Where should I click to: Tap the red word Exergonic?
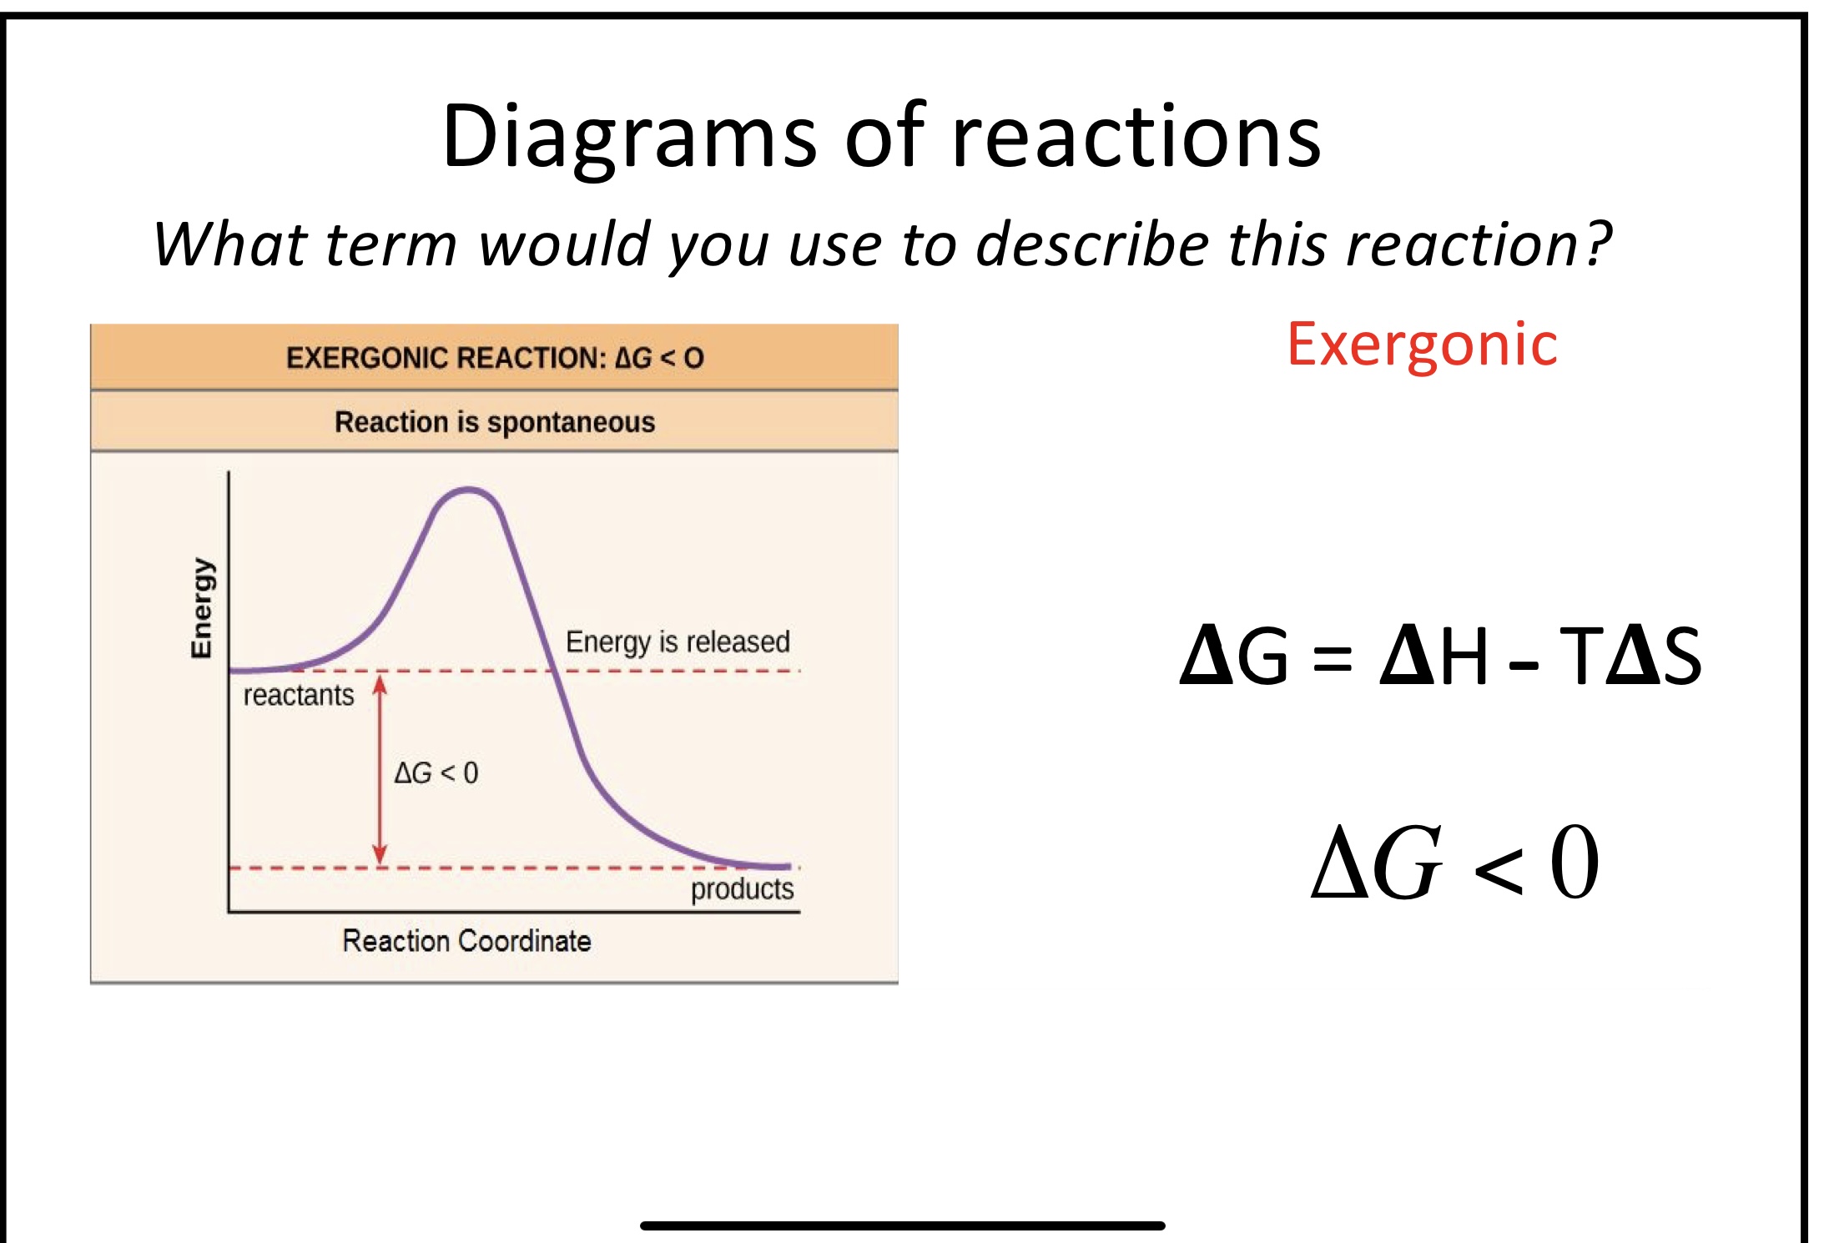(1422, 345)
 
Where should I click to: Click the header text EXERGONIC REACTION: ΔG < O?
(495, 358)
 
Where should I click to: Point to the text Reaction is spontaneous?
(495, 422)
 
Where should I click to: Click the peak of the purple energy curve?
(469, 491)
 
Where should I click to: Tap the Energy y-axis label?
(202, 607)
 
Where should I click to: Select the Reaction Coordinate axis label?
(466, 941)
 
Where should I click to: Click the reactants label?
(299, 695)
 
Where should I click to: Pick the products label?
(742, 889)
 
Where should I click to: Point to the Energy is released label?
(678, 642)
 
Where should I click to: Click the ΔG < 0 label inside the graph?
(436, 772)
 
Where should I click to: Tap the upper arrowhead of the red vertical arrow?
(380, 684)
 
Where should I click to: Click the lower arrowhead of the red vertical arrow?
(380, 854)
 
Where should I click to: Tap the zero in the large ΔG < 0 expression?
(1575, 862)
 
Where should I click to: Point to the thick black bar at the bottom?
(902, 1225)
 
